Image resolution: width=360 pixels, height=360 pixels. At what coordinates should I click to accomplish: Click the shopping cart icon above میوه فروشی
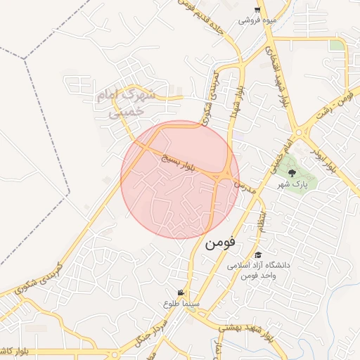(x=258, y=10)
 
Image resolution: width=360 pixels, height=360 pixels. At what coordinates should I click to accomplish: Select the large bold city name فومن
(x=223, y=244)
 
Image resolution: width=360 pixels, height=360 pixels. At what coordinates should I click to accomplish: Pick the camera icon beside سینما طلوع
(x=181, y=292)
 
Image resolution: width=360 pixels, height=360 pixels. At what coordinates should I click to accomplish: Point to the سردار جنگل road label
(x=150, y=330)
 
